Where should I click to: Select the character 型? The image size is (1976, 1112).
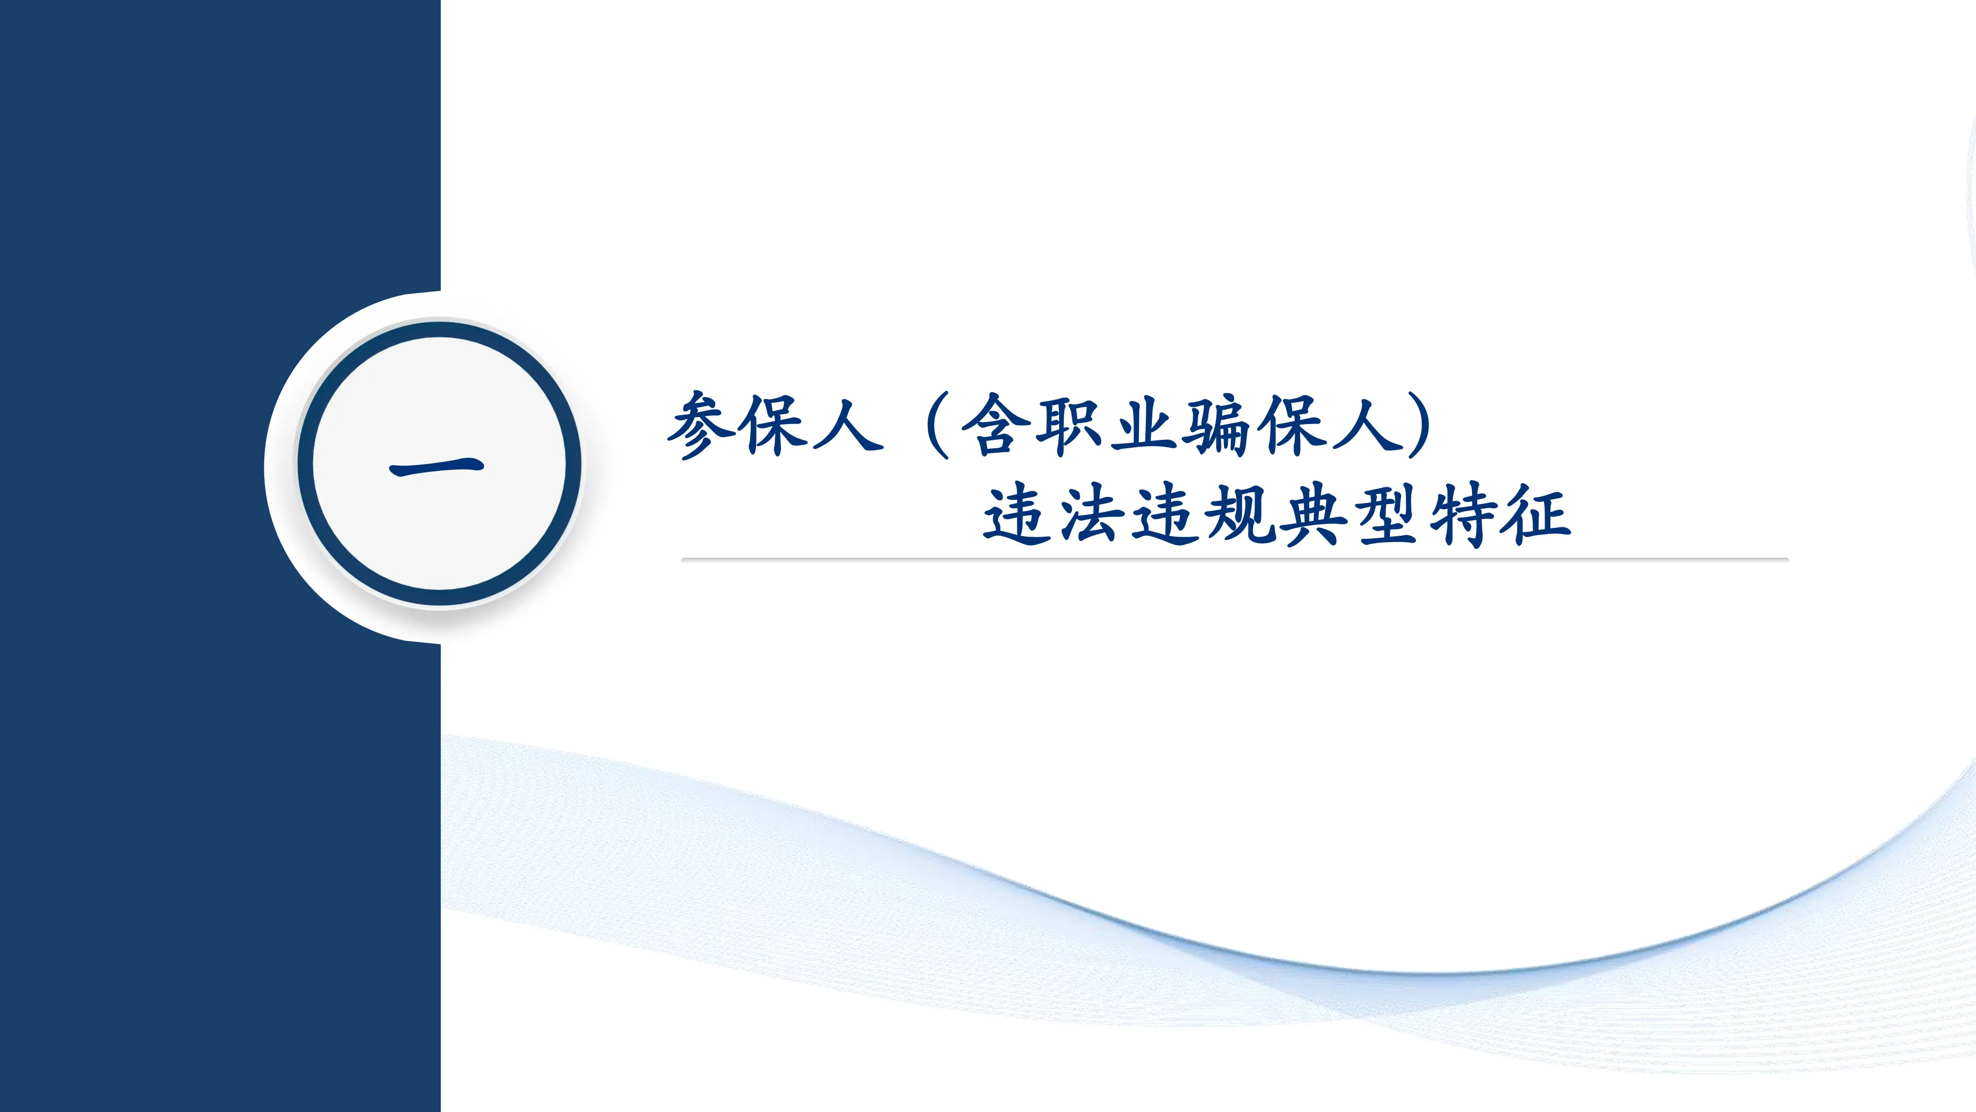tap(1387, 514)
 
